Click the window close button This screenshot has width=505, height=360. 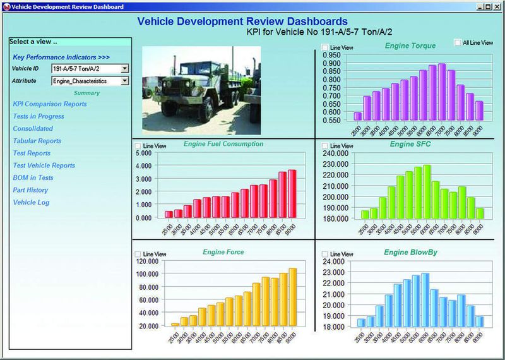498,6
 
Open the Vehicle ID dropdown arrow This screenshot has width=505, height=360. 124,68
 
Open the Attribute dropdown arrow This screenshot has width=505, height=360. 124,81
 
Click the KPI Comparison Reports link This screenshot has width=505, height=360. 50,104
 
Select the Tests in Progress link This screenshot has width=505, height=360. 39,116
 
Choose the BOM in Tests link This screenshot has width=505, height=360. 33,178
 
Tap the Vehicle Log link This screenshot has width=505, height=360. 31,203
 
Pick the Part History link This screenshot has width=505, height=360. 30,190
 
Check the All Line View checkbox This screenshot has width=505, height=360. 458,43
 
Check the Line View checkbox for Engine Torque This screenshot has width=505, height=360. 324,47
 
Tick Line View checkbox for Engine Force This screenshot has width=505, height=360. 138,254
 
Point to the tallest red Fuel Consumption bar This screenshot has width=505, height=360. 292,193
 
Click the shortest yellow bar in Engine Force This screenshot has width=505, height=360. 175,325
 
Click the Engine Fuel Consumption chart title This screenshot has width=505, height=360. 223,144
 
